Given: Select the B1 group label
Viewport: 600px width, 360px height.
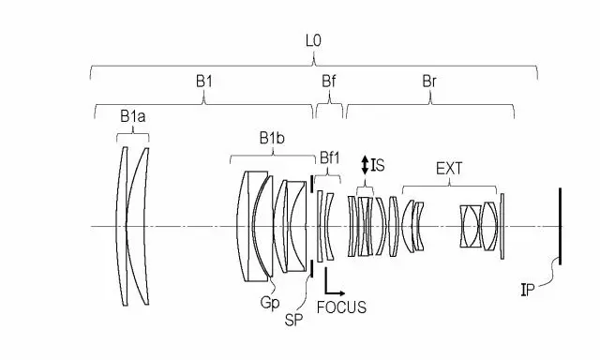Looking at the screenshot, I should pos(204,82).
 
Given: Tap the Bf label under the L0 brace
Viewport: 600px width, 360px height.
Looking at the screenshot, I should pos(329,82).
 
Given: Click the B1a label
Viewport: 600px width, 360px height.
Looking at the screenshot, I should pos(132,116).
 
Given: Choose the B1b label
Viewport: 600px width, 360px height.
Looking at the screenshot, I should pos(272,138).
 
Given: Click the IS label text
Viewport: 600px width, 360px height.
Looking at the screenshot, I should pos(378,165).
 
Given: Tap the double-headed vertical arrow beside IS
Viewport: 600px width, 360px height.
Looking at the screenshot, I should pos(365,165).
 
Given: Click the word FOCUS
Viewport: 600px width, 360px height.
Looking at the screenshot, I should pos(341,307).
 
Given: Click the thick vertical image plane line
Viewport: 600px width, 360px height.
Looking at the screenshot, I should pos(559,226).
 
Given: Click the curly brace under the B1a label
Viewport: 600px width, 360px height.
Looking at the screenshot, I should pos(133,135).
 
